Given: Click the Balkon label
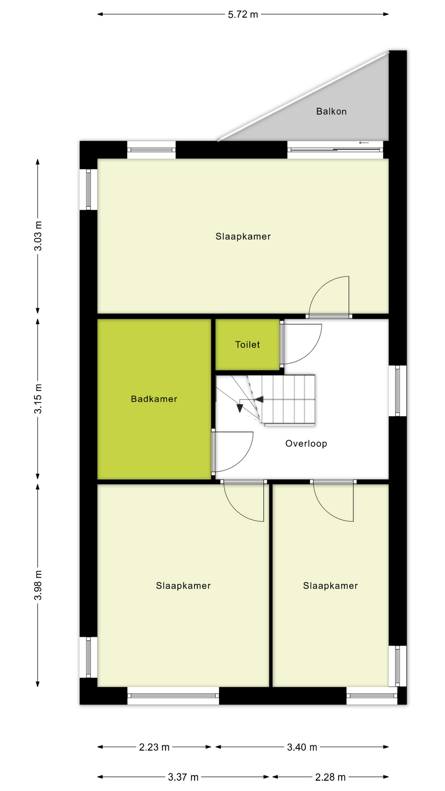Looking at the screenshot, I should click(x=331, y=111).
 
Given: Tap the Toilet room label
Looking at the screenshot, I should click(x=247, y=344).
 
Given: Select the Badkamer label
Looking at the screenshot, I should click(x=154, y=399).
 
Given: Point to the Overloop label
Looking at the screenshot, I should click(x=306, y=443).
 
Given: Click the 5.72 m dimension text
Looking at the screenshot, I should click(x=243, y=14).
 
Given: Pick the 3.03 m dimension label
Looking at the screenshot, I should click(x=38, y=236).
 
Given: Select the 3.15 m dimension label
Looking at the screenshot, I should click(x=38, y=399).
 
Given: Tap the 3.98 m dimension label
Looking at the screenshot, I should click(x=38, y=585).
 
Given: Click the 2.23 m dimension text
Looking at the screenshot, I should click(x=154, y=747).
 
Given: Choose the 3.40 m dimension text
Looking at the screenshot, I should click(x=302, y=747).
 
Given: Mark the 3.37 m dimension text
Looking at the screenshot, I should click(x=183, y=777).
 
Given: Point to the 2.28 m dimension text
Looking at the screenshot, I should click(x=330, y=777).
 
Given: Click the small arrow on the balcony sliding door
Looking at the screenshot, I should click(x=363, y=143).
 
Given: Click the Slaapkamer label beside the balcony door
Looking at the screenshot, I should click(x=243, y=236).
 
